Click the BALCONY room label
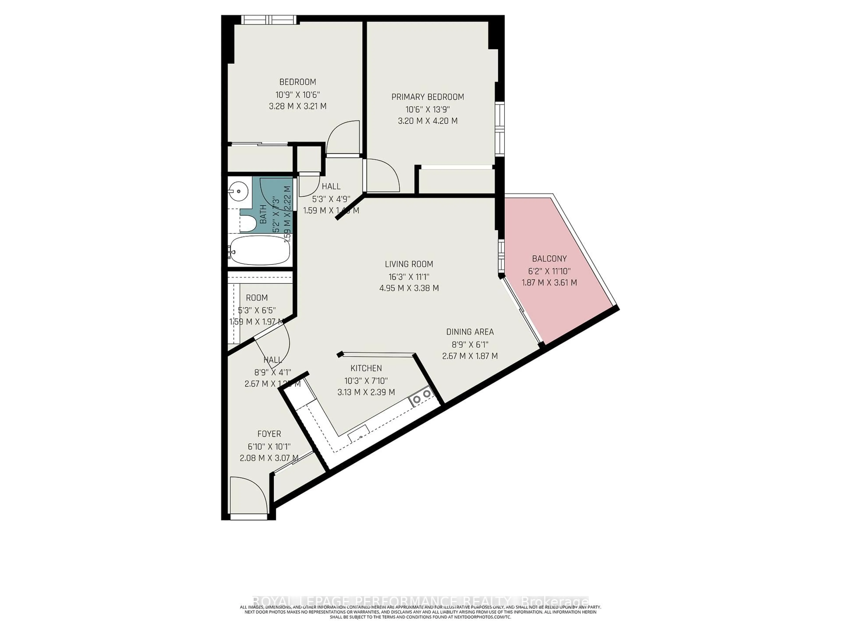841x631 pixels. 549,259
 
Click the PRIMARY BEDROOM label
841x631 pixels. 428,97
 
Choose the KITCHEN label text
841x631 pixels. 366,368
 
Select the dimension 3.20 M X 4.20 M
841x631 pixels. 428,121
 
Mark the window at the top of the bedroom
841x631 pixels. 269,19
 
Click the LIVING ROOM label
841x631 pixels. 409,264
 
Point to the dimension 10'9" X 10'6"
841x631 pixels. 298,94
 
